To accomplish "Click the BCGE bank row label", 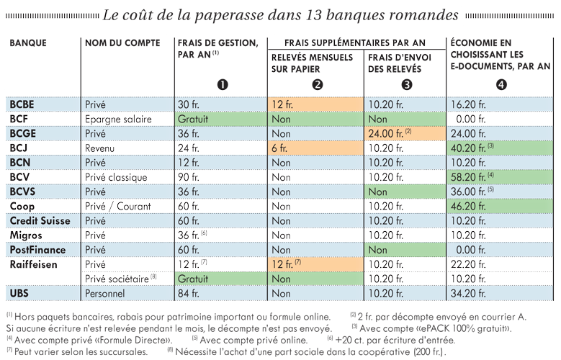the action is tap(23, 133).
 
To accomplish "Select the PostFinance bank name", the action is tap(37, 250).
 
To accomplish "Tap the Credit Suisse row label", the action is tap(40, 221).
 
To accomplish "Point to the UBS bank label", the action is tap(19, 294).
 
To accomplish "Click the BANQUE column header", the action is tap(28, 43).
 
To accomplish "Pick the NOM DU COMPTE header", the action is tap(122, 43).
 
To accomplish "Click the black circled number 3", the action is tap(407, 85).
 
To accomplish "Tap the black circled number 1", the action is tap(223, 85).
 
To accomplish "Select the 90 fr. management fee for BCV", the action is tap(189, 177).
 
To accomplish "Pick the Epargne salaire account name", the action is tap(118, 120).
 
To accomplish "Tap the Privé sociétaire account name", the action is tap(120, 279).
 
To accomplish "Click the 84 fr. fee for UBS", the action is tap(189, 294).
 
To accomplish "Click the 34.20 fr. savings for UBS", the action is tap(468, 294).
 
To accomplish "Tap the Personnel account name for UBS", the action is tap(105, 294).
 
